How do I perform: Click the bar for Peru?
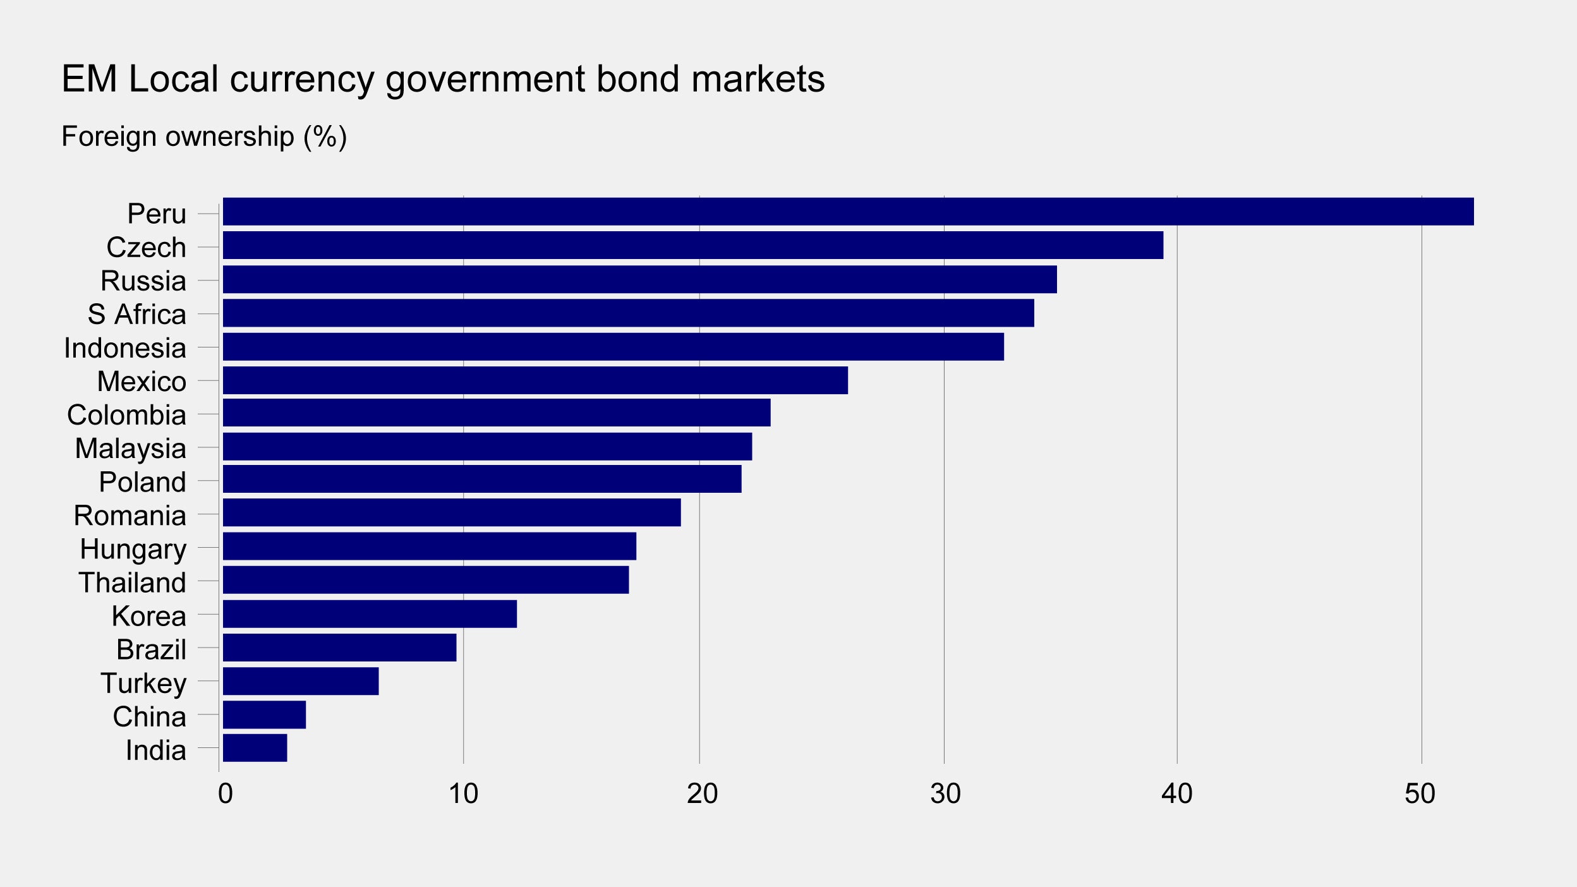click(848, 212)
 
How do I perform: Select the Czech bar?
click(692, 245)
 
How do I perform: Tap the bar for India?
click(255, 748)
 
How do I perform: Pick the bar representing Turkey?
click(301, 681)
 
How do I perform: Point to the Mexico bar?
click(535, 380)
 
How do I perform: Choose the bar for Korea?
click(370, 614)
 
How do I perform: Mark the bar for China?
click(264, 715)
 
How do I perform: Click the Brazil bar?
click(339, 648)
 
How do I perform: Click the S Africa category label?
click(137, 315)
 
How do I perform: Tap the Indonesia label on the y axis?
click(125, 348)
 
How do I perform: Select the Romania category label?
click(130, 516)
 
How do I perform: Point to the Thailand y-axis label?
click(132, 582)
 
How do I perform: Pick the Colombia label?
click(126, 415)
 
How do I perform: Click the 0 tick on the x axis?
click(225, 794)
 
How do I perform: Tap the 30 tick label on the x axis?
click(945, 794)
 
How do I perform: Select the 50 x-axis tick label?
click(1420, 794)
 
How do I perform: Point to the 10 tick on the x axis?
click(463, 794)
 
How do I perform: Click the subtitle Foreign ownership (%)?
click(204, 136)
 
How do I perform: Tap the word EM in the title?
click(89, 79)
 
